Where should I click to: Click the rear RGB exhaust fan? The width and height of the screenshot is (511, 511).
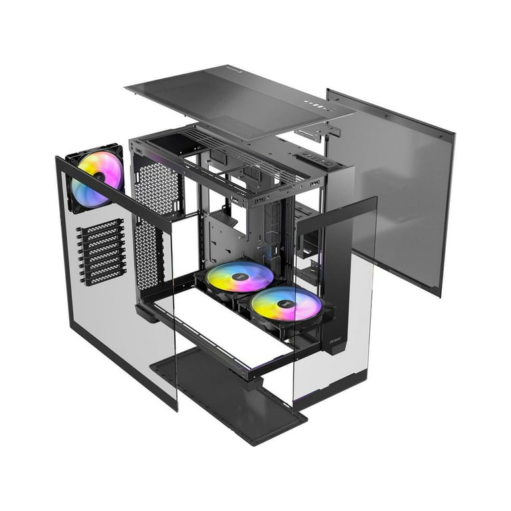pyautogui.click(x=97, y=178)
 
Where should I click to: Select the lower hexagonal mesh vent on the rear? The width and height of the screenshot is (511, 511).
pyautogui.click(x=149, y=253)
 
